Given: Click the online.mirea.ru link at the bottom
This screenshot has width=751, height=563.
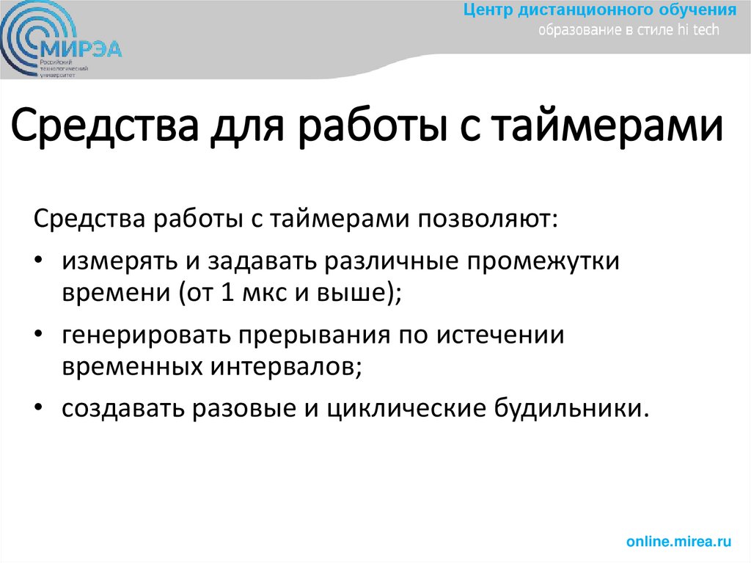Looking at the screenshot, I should (x=679, y=542).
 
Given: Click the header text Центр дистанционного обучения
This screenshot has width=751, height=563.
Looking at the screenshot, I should (x=600, y=11).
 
